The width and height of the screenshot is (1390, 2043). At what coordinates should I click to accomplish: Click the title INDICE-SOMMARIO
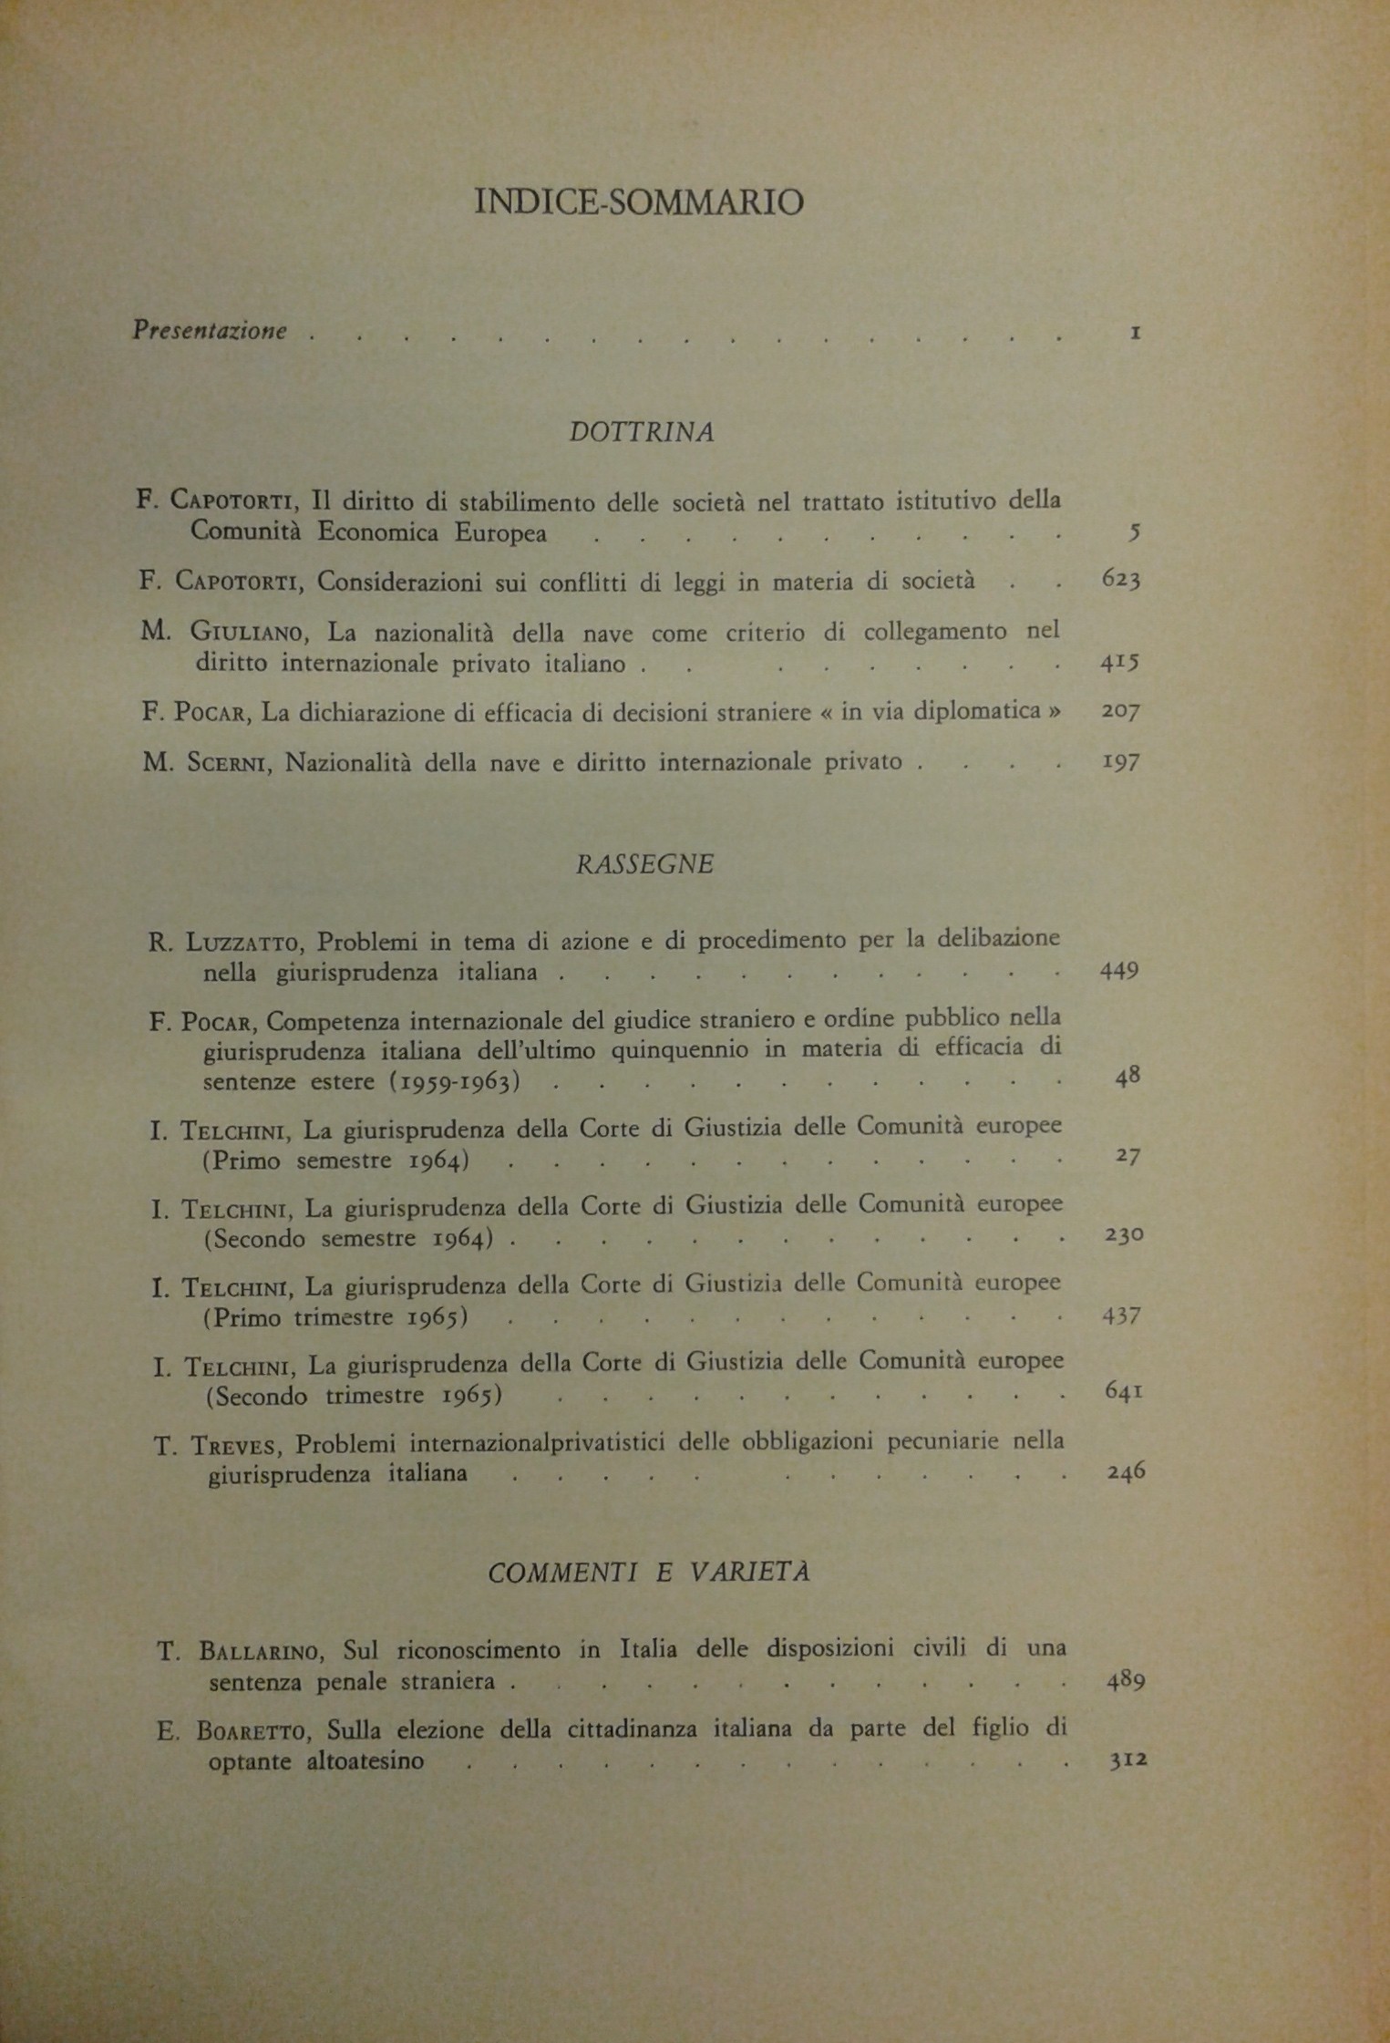(639, 201)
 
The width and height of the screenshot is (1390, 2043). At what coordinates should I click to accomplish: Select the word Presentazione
(210, 330)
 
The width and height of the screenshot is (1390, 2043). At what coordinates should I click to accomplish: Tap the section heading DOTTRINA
(642, 432)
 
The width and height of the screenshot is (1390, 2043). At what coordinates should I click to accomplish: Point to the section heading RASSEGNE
(644, 863)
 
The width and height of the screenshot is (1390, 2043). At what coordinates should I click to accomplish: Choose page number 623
(1121, 580)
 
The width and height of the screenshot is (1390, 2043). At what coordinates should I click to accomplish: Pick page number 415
(1120, 663)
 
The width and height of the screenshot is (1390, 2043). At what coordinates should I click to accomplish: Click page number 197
(1121, 761)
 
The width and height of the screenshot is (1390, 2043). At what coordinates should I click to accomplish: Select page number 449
(1120, 970)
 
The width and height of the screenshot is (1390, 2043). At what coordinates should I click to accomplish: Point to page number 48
(1127, 1077)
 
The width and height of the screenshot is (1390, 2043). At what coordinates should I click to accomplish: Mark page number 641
(1124, 1392)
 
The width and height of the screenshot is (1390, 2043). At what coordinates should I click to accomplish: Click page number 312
(1127, 1760)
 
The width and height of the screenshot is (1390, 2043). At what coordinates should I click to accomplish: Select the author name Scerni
(229, 762)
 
